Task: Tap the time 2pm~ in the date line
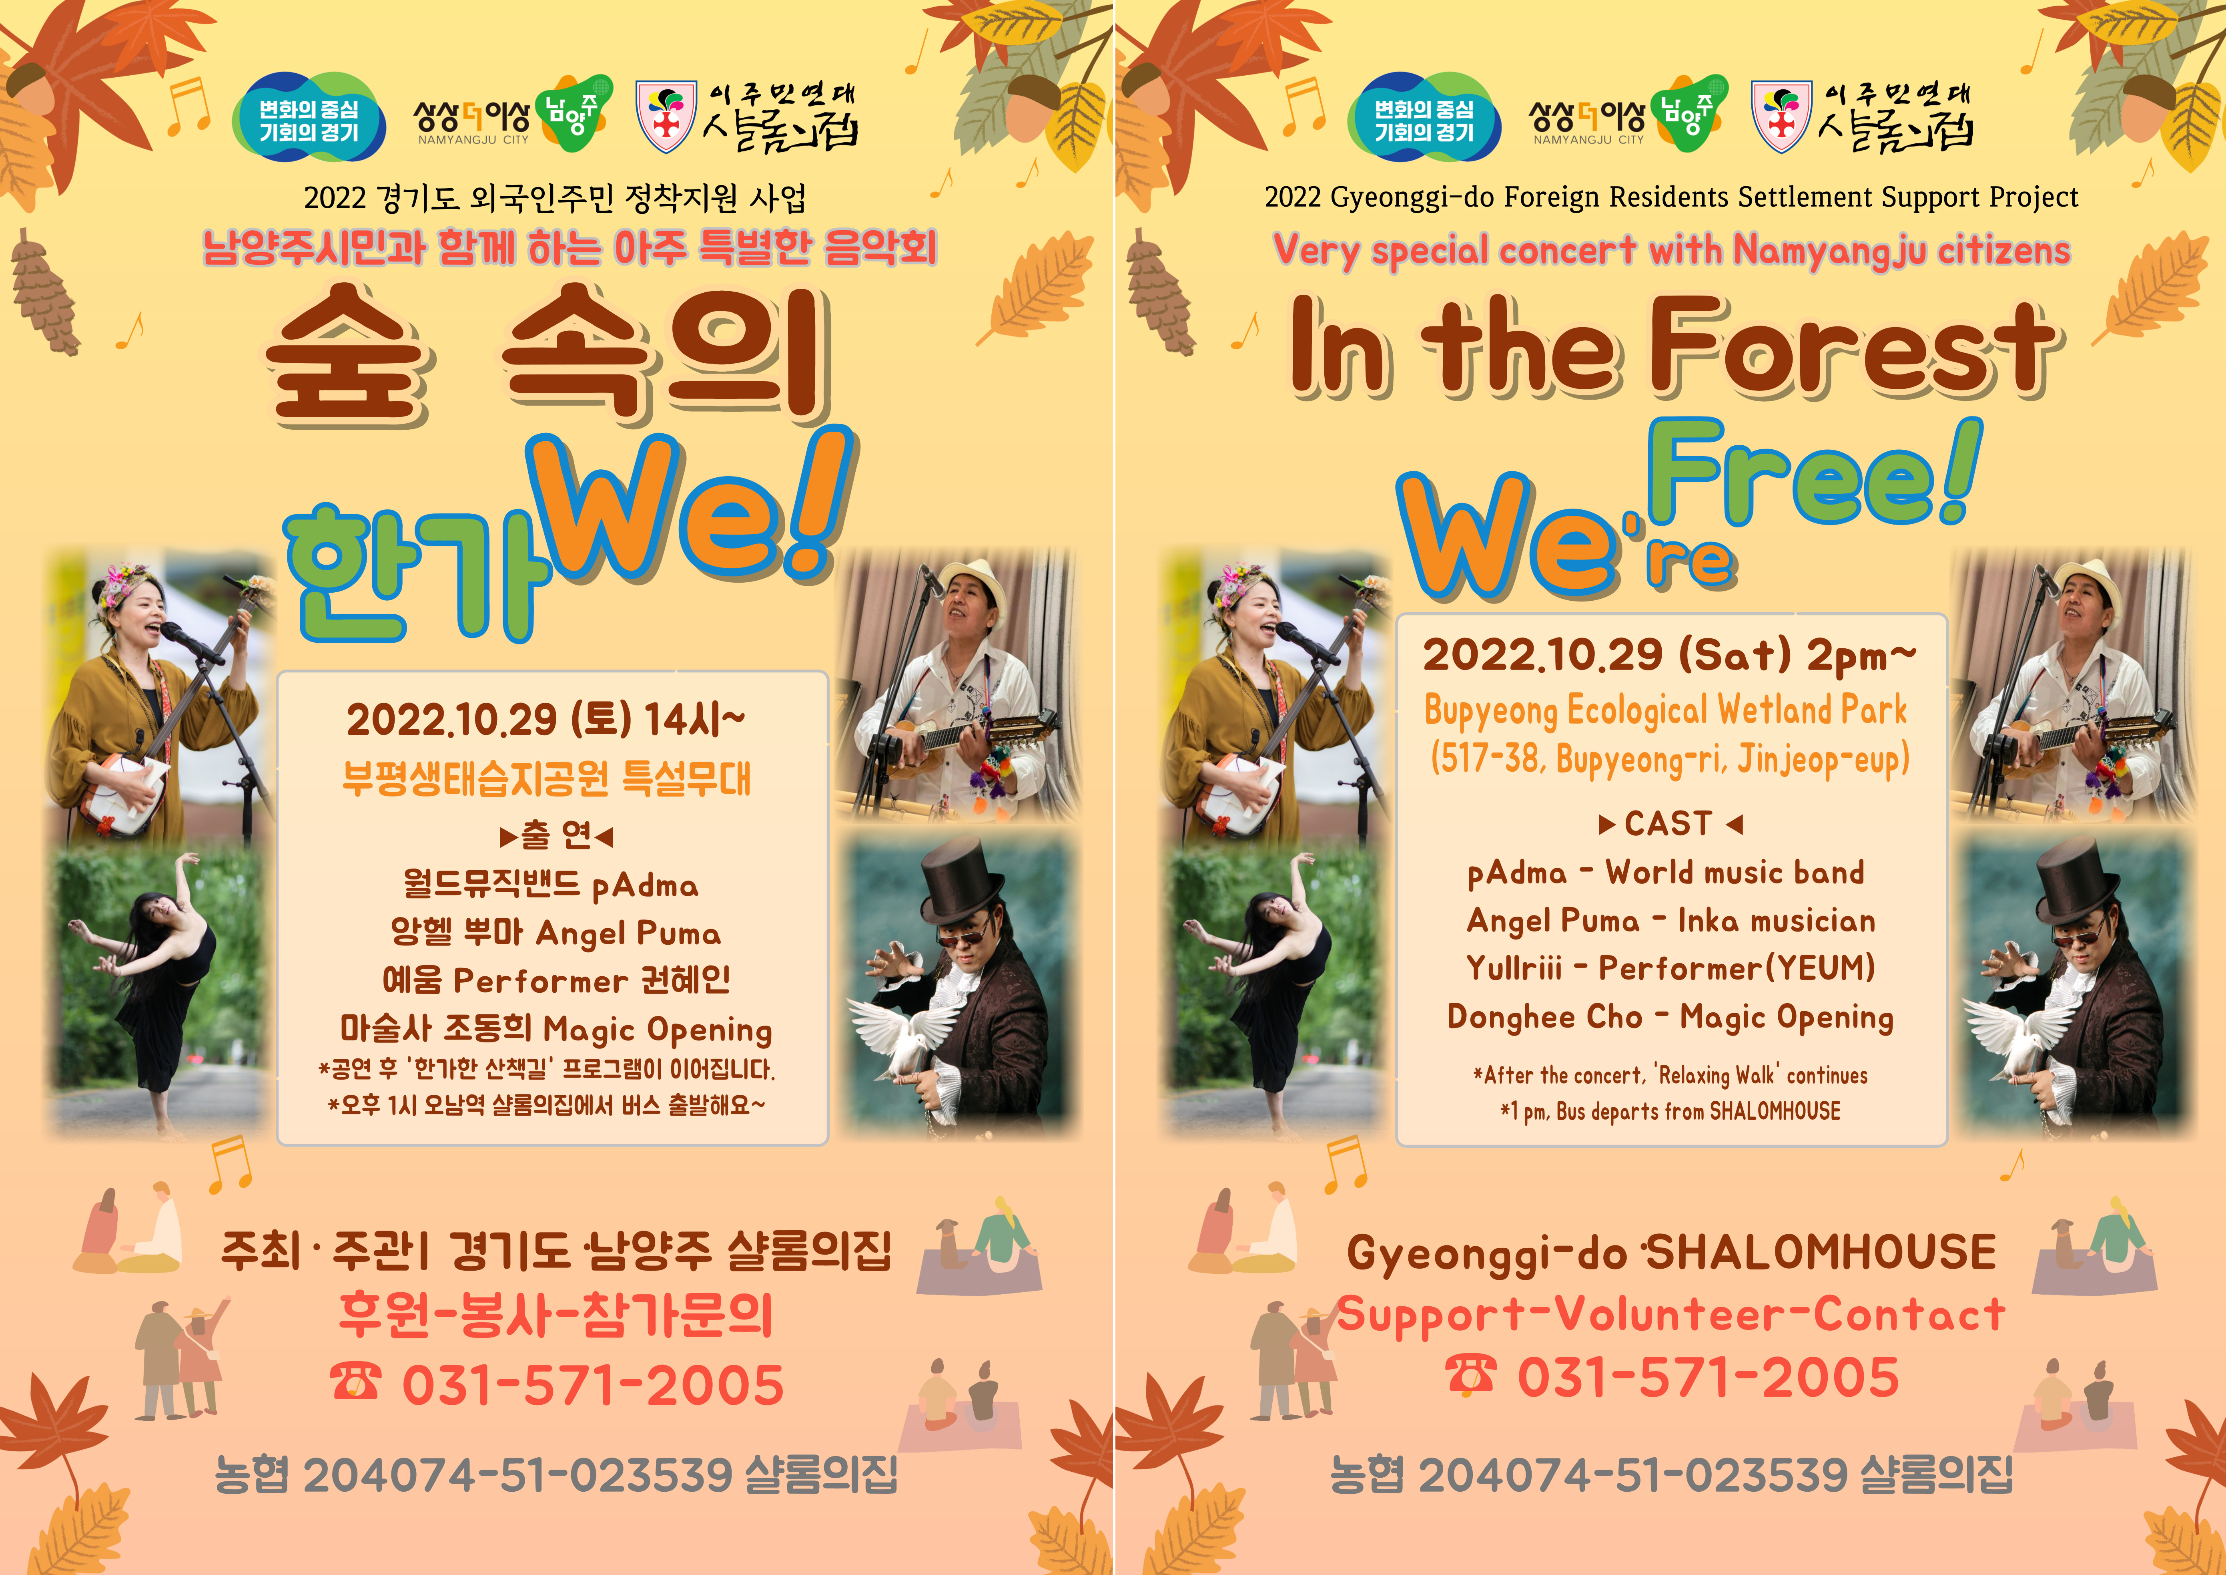1861,657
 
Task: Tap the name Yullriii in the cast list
1513,968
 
